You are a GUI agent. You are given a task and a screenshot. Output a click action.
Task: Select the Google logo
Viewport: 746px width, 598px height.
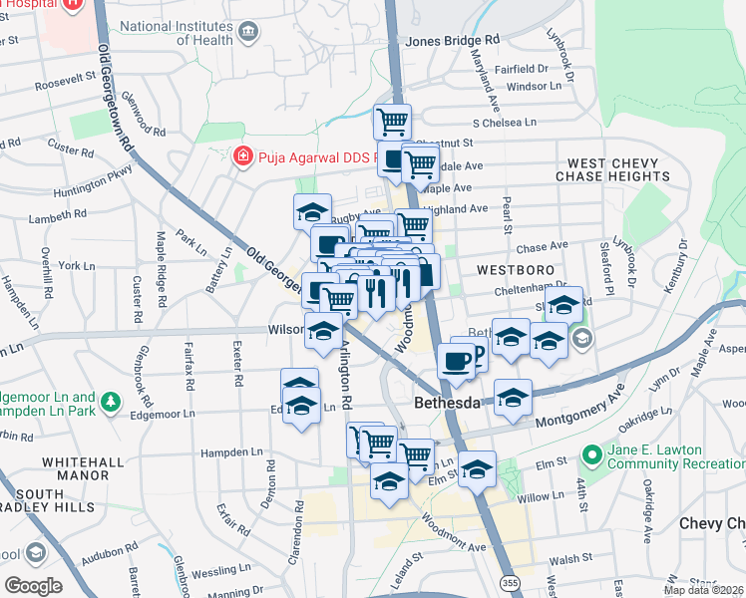(x=32, y=586)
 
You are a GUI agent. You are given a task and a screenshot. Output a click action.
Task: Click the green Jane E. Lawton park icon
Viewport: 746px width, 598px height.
(x=591, y=451)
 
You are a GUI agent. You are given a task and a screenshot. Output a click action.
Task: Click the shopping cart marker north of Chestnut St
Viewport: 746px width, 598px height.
(x=392, y=122)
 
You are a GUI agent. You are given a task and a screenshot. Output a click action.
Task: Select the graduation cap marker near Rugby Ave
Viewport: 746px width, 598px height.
(x=312, y=211)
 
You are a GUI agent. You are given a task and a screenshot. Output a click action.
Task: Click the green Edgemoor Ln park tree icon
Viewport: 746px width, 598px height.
(x=112, y=402)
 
